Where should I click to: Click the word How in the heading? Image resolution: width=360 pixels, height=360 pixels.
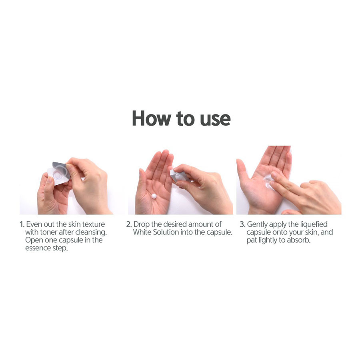pos(151,118)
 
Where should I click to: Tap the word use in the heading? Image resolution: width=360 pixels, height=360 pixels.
pos(215,120)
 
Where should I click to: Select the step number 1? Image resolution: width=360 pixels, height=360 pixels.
pos(22,224)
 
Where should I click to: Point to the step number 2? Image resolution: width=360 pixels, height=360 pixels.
pos(129,224)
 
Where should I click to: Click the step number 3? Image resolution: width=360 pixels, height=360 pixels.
pos(242,224)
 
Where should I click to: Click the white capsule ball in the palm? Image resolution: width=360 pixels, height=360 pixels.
pos(154,196)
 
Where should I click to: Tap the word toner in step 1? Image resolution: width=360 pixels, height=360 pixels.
pos(48,232)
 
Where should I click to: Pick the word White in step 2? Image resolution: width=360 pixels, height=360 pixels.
pos(142,232)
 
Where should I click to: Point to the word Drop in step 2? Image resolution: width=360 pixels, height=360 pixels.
pos(141,225)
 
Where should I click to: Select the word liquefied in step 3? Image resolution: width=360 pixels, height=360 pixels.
pos(314,225)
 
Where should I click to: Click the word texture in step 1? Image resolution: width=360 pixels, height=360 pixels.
pos(94,224)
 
